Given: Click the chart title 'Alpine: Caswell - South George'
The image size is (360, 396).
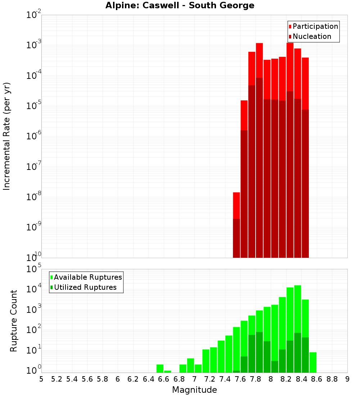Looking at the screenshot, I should [180, 5].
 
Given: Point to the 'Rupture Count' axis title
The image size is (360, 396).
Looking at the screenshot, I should [14, 320].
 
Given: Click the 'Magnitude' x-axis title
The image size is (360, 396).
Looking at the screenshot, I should [194, 390].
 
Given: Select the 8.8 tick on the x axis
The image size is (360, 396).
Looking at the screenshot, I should [332, 379].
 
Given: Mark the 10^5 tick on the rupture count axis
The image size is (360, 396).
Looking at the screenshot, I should [34, 269].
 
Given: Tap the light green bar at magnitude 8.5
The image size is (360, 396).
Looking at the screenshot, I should [313, 362].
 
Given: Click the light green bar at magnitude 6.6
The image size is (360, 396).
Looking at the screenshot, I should [167, 372].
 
